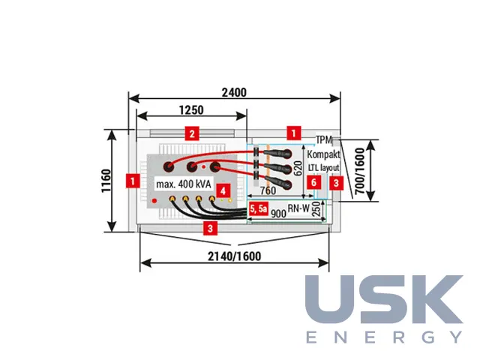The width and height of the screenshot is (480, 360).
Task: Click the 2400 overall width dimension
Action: (x=234, y=92)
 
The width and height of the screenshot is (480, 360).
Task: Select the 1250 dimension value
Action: (x=191, y=110)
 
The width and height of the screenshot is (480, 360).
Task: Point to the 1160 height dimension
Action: (x=106, y=181)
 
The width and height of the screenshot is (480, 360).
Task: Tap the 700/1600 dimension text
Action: (x=360, y=171)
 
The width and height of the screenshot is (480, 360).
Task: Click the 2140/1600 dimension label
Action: (x=235, y=256)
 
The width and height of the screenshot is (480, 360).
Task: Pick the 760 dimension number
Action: (x=268, y=190)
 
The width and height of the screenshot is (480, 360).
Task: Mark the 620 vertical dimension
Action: (x=298, y=168)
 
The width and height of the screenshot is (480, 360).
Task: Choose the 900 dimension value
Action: (x=278, y=213)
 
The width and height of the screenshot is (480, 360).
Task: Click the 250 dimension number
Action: (x=316, y=209)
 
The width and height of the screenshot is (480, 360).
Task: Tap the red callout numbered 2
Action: (x=192, y=133)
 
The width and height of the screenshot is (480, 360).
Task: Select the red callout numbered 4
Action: (x=223, y=191)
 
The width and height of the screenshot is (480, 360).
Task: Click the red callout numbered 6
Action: (x=313, y=182)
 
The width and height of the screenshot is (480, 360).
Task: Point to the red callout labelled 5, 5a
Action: (x=258, y=208)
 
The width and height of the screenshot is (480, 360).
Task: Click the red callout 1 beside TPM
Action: (x=294, y=133)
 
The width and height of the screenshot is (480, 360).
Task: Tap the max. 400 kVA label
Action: (x=183, y=184)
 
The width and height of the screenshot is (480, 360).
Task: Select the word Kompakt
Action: (x=323, y=154)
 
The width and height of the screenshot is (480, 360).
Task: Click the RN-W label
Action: (x=298, y=208)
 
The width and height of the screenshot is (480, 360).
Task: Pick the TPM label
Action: (x=324, y=140)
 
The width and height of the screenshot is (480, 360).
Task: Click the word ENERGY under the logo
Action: (x=384, y=337)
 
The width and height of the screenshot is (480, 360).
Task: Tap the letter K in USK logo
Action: (x=439, y=298)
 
